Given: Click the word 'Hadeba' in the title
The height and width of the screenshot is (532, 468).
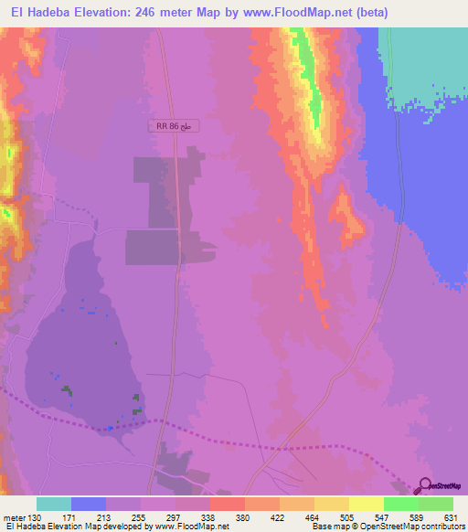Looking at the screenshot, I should (54, 13).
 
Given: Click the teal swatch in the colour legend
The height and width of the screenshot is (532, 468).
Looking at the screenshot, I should (54, 504).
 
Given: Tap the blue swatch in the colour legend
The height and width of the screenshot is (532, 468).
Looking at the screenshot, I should (89, 504).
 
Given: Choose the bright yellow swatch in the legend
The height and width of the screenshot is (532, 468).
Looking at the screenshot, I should (367, 504).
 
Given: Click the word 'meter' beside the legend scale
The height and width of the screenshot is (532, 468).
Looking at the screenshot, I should (13, 516).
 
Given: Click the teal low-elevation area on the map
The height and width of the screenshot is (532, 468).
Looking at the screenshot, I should (430, 55).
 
